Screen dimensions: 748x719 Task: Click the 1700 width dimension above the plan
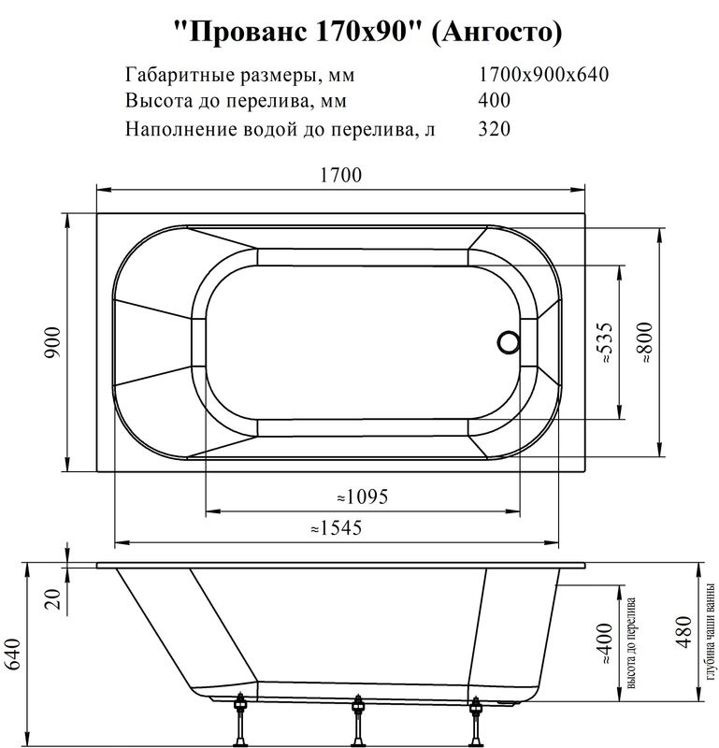[x=341, y=175]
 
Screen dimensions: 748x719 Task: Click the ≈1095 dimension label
[x=362, y=496]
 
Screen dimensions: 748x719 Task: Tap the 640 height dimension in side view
[x=14, y=654]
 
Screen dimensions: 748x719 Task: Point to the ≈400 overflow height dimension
[x=605, y=645]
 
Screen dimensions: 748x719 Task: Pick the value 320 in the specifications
[x=494, y=129]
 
